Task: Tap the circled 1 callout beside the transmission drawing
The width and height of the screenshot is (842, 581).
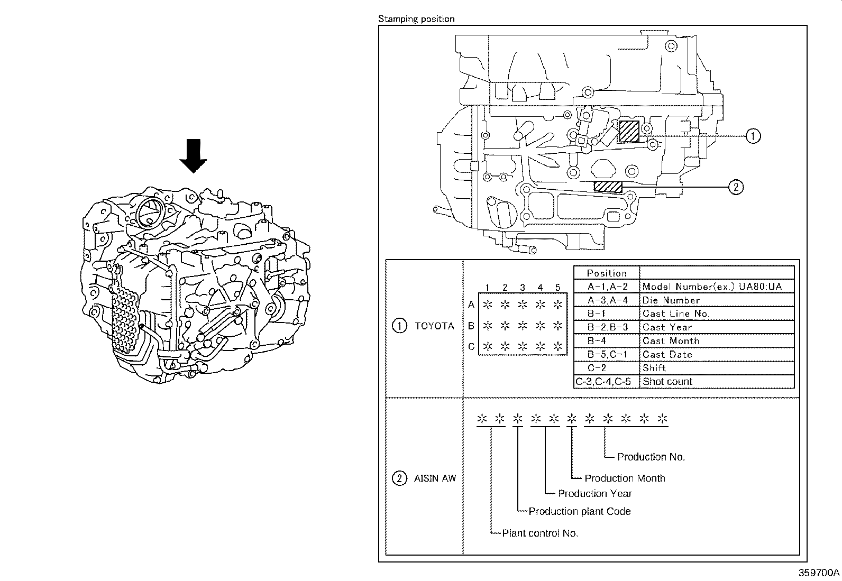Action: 753,136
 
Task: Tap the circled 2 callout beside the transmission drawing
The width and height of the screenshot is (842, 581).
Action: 736,187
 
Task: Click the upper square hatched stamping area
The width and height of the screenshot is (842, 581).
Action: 629,131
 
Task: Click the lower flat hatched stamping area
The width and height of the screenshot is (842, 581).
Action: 608,187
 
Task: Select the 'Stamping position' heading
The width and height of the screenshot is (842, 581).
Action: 416,19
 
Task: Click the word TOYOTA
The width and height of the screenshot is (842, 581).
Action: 434,326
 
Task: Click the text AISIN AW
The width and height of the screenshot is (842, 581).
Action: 435,478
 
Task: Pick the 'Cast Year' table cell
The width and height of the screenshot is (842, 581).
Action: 667,327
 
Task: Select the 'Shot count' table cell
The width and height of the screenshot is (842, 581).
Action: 667,382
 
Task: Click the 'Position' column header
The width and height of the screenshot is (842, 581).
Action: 607,273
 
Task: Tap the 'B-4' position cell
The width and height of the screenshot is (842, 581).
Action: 597,341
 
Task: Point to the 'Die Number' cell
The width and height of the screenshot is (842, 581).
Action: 670,300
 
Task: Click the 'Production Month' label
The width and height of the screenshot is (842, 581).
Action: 625,478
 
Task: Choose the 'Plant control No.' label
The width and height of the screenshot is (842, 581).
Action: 540,533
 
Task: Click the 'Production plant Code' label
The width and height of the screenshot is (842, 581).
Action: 580,511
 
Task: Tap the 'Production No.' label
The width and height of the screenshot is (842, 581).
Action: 651,457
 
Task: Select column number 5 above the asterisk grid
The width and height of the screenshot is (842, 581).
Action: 557,288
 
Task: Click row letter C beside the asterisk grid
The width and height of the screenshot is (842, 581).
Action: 471,347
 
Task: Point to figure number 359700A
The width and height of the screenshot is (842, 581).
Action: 819,573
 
